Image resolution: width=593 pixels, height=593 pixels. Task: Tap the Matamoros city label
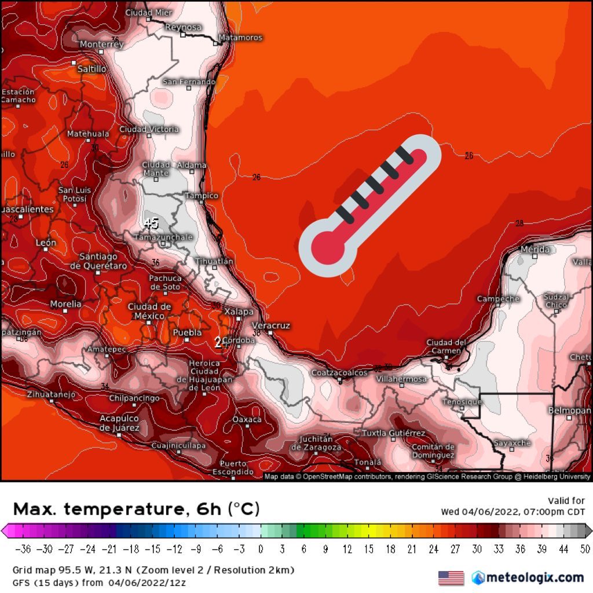(240, 38)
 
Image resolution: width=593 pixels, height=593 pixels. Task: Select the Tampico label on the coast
(202, 196)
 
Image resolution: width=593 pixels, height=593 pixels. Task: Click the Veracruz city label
(270, 325)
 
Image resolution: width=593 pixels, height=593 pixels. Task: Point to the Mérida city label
(535, 250)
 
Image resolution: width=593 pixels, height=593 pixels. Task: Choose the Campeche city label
(498, 299)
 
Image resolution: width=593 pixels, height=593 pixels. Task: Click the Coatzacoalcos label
(339, 373)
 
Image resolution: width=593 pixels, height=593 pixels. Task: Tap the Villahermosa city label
(401, 379)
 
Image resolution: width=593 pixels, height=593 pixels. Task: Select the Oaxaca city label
(247, 419)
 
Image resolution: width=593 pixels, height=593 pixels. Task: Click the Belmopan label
(569, 410)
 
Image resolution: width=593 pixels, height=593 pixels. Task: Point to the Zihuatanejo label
(52, 394)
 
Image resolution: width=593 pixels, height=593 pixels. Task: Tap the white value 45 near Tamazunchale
(151, 223)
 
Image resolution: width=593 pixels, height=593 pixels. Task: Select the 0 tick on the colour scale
(261, 548)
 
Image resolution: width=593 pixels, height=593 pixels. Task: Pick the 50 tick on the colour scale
(584, 548)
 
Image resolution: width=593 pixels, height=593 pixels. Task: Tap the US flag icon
(451, 577)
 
